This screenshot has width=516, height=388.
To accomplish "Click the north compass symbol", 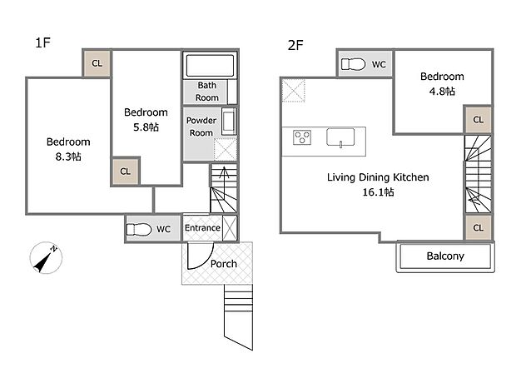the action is click(46, 257).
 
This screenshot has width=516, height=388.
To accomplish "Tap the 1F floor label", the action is click(42, 42).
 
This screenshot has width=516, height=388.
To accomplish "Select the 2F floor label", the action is click(295, 45).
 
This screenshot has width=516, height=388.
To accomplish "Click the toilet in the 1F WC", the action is click(139, 229).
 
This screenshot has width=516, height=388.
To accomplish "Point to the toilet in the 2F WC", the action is click(353, 64).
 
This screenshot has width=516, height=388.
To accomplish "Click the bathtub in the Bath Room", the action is click(210, 65).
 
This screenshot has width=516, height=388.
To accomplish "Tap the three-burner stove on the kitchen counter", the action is click(302, 137).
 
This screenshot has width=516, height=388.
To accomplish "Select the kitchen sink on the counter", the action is click(340, 137).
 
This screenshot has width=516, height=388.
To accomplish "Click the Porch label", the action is click(224, 264).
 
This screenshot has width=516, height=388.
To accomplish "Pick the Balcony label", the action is click(445, 256).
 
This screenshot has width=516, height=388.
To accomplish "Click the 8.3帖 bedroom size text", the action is click(68, 157).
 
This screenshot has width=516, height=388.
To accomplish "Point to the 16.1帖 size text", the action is click(378, 192).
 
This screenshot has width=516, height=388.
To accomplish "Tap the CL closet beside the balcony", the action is click(479, 227).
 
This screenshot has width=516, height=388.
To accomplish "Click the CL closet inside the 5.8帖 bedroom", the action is click(125, 172).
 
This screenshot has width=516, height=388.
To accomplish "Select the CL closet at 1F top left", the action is click(97, 63).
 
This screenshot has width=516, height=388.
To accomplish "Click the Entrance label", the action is click(202, 228).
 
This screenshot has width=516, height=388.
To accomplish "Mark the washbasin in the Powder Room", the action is click(229, 121).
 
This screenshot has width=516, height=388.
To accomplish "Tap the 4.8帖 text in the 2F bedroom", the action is click(442, 91).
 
